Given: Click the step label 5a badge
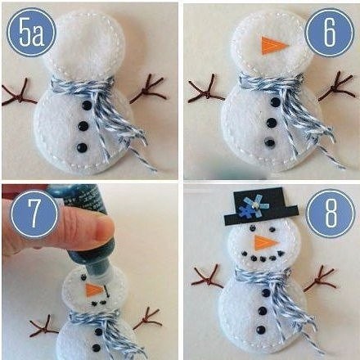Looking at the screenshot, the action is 31,33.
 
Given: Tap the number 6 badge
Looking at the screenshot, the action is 330,33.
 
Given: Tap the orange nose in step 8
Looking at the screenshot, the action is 264,242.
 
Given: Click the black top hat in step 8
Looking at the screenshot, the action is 261,206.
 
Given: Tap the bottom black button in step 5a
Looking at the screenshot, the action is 82,147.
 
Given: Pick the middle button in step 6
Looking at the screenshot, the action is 272,122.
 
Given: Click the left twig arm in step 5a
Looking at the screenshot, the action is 19,93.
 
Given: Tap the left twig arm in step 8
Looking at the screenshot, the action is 208,278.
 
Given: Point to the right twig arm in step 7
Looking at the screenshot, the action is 147,318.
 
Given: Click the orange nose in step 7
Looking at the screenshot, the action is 94,290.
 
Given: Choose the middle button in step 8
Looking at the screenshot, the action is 262,311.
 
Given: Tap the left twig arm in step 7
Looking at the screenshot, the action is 43,326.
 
